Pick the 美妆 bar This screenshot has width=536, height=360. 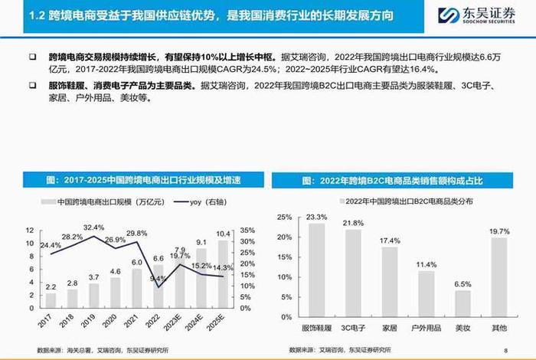click(462, 307)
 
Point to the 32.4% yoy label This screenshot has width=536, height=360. click(93, 227)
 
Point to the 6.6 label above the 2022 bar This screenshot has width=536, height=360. click(159, 258)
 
